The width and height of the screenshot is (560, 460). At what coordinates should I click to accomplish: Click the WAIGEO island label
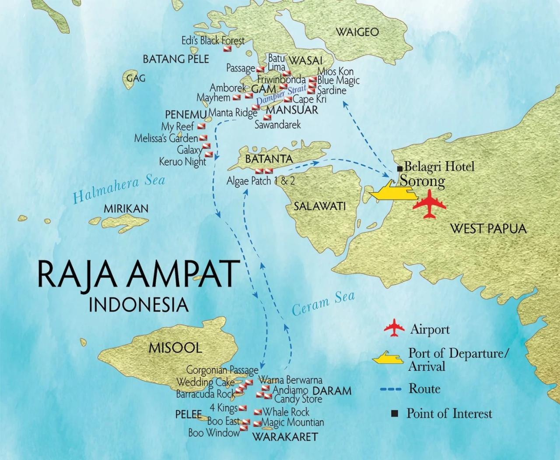pyautogui.click(x=357, y=32)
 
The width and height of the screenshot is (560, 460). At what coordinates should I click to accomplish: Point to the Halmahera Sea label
pyautogui.click(x=119, y=189)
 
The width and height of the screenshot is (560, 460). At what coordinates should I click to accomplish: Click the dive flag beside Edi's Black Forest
pyautogui.click(x=227, y=49)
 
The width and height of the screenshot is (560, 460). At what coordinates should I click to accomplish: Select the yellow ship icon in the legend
pyautogui.click(x=388, y=358)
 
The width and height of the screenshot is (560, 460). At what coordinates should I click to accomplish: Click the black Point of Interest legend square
pyautogui.click(x=394, y=413)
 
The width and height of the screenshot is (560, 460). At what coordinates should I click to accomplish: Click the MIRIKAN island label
pyautogui.click(x=126, y=209)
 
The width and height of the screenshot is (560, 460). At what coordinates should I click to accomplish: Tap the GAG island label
pyautogui.click(x=135, y=78)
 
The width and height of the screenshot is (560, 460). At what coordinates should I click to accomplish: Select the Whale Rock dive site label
pyautogui.click(x=286, y=412)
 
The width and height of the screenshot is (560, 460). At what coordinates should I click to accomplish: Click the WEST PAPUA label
pyautogui.click(x=488, y=228)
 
